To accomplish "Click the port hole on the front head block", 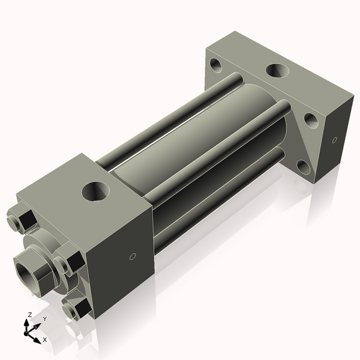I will click(95, 192).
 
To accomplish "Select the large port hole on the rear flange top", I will click(278, 70).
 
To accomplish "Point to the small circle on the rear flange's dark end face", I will click(334, 141).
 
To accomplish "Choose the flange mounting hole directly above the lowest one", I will click(311, 120).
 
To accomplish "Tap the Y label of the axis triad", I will click(44, 319).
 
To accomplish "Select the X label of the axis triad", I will click(45, 340).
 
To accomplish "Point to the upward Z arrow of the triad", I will click(26, 324).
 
